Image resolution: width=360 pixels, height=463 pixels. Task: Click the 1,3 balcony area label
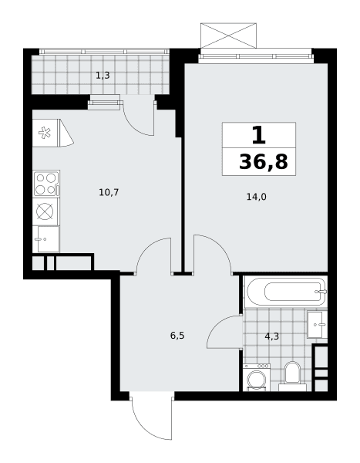[x=103, y=76]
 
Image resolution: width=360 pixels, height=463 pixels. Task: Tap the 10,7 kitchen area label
[x=109, y=192]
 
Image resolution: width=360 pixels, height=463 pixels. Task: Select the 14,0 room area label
[x=257, y=197]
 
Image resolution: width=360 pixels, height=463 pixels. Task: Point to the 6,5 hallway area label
[x=177, y=336]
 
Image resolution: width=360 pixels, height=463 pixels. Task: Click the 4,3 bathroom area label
[x=272, y=336]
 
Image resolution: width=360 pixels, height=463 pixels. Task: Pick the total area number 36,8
[x=263, y=162]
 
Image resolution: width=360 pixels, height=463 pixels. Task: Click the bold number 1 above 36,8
[x=259, y=135]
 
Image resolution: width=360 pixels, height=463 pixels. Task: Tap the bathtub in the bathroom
[x=286, y=292]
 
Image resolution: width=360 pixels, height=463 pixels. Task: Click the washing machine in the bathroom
[x=257, y=377]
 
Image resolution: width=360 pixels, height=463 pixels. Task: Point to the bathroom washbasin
[x=317, y=324]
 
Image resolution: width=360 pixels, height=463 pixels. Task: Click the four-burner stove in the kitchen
[x=46, y=184]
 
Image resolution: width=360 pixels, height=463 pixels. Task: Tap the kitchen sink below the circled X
[x=46, y=239]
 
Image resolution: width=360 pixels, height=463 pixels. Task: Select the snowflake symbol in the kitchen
[x=45, y=133]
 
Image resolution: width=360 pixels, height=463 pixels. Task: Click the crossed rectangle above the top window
[x=228, y=35]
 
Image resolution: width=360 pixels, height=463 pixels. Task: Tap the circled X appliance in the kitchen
[x=45, y=211]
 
